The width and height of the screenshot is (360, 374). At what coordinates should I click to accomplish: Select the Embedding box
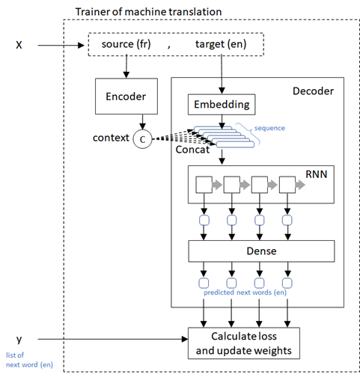[x=222, y=103]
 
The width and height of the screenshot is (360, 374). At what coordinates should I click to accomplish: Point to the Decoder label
[x=313, y=91]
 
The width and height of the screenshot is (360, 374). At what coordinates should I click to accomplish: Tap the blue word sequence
[x=269, y=128]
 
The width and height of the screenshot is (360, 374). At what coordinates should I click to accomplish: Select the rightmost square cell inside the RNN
[x=287, y=185]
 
